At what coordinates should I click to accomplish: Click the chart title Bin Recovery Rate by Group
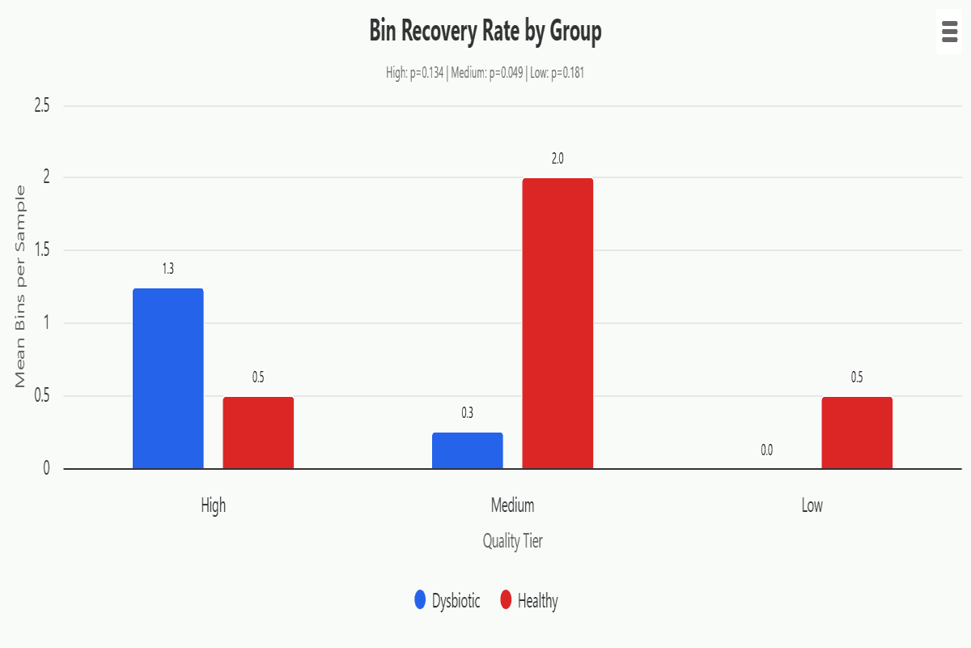point(485,32)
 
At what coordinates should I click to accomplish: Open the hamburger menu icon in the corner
point(950,32)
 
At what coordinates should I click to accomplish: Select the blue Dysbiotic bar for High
point(168,378)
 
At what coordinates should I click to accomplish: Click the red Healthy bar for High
point(258,433)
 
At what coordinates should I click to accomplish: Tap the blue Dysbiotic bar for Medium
point(468,450)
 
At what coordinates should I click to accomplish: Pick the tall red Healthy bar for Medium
point(558,323)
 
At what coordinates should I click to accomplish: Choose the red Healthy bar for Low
point(857,433)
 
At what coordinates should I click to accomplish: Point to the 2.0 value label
point(558,159)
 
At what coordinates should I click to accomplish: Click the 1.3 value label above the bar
point(168,269)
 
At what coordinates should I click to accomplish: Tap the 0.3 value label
point(468,413)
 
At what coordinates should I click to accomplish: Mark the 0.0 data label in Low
point(767,450)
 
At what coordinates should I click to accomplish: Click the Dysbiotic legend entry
point(447,601)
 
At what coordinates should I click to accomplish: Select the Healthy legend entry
point(529,601)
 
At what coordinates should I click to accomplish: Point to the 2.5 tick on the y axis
point(42,105)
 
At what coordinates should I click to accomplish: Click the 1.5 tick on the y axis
point(42,250)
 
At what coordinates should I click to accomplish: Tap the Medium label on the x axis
point(512,505)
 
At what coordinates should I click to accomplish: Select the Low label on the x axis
point(812,505)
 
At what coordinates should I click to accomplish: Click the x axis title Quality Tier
point(512,541)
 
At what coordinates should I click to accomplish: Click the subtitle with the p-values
point(485,73)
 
